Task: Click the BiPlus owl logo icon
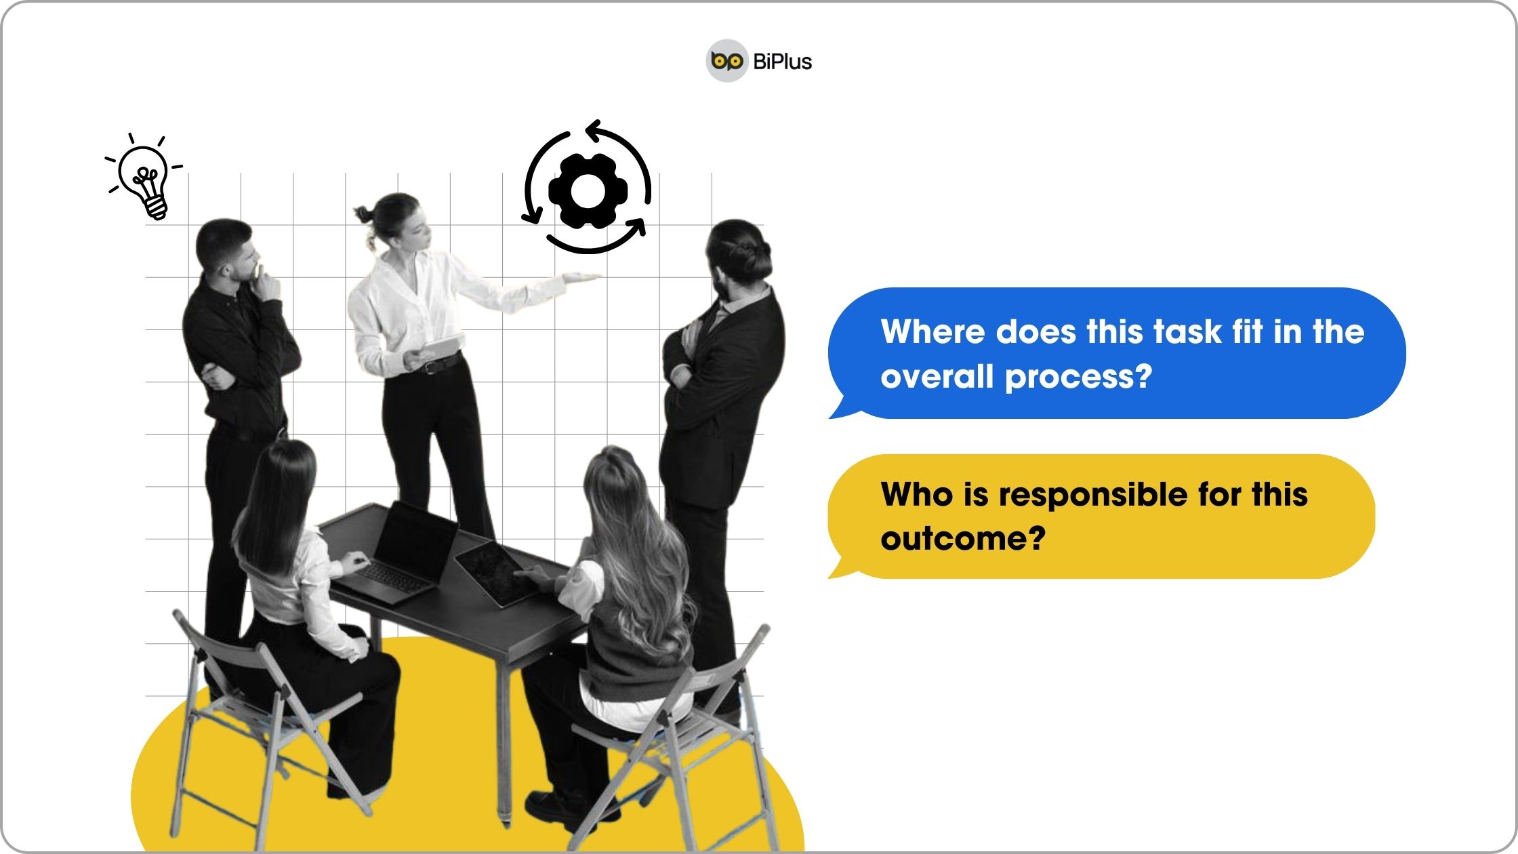[727, 61]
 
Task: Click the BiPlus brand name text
[783, 62]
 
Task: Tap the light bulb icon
[145, 177]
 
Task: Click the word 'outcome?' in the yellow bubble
[963, 540]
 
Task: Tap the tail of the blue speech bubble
[844, 407]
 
